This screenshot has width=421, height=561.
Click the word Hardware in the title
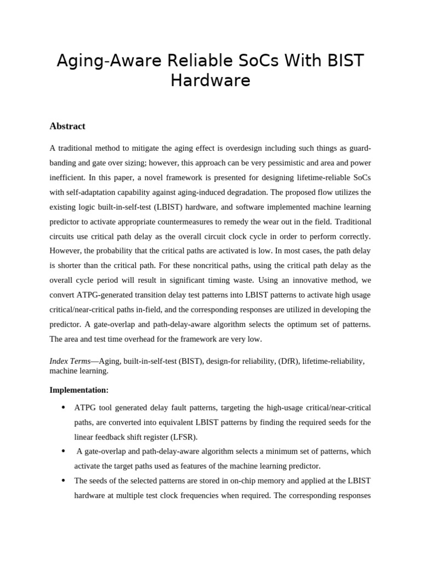pyautogui.click(x=210, y=81)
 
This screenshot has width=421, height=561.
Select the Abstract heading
pyautogui.click(x=67, y=126)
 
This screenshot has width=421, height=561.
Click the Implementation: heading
pyautogui.click(x=79, y=390)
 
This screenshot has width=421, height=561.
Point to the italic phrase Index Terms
pyautogui.click(x=70, y=362)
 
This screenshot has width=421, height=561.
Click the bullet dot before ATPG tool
pyautogui.click(x=63, y=408)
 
